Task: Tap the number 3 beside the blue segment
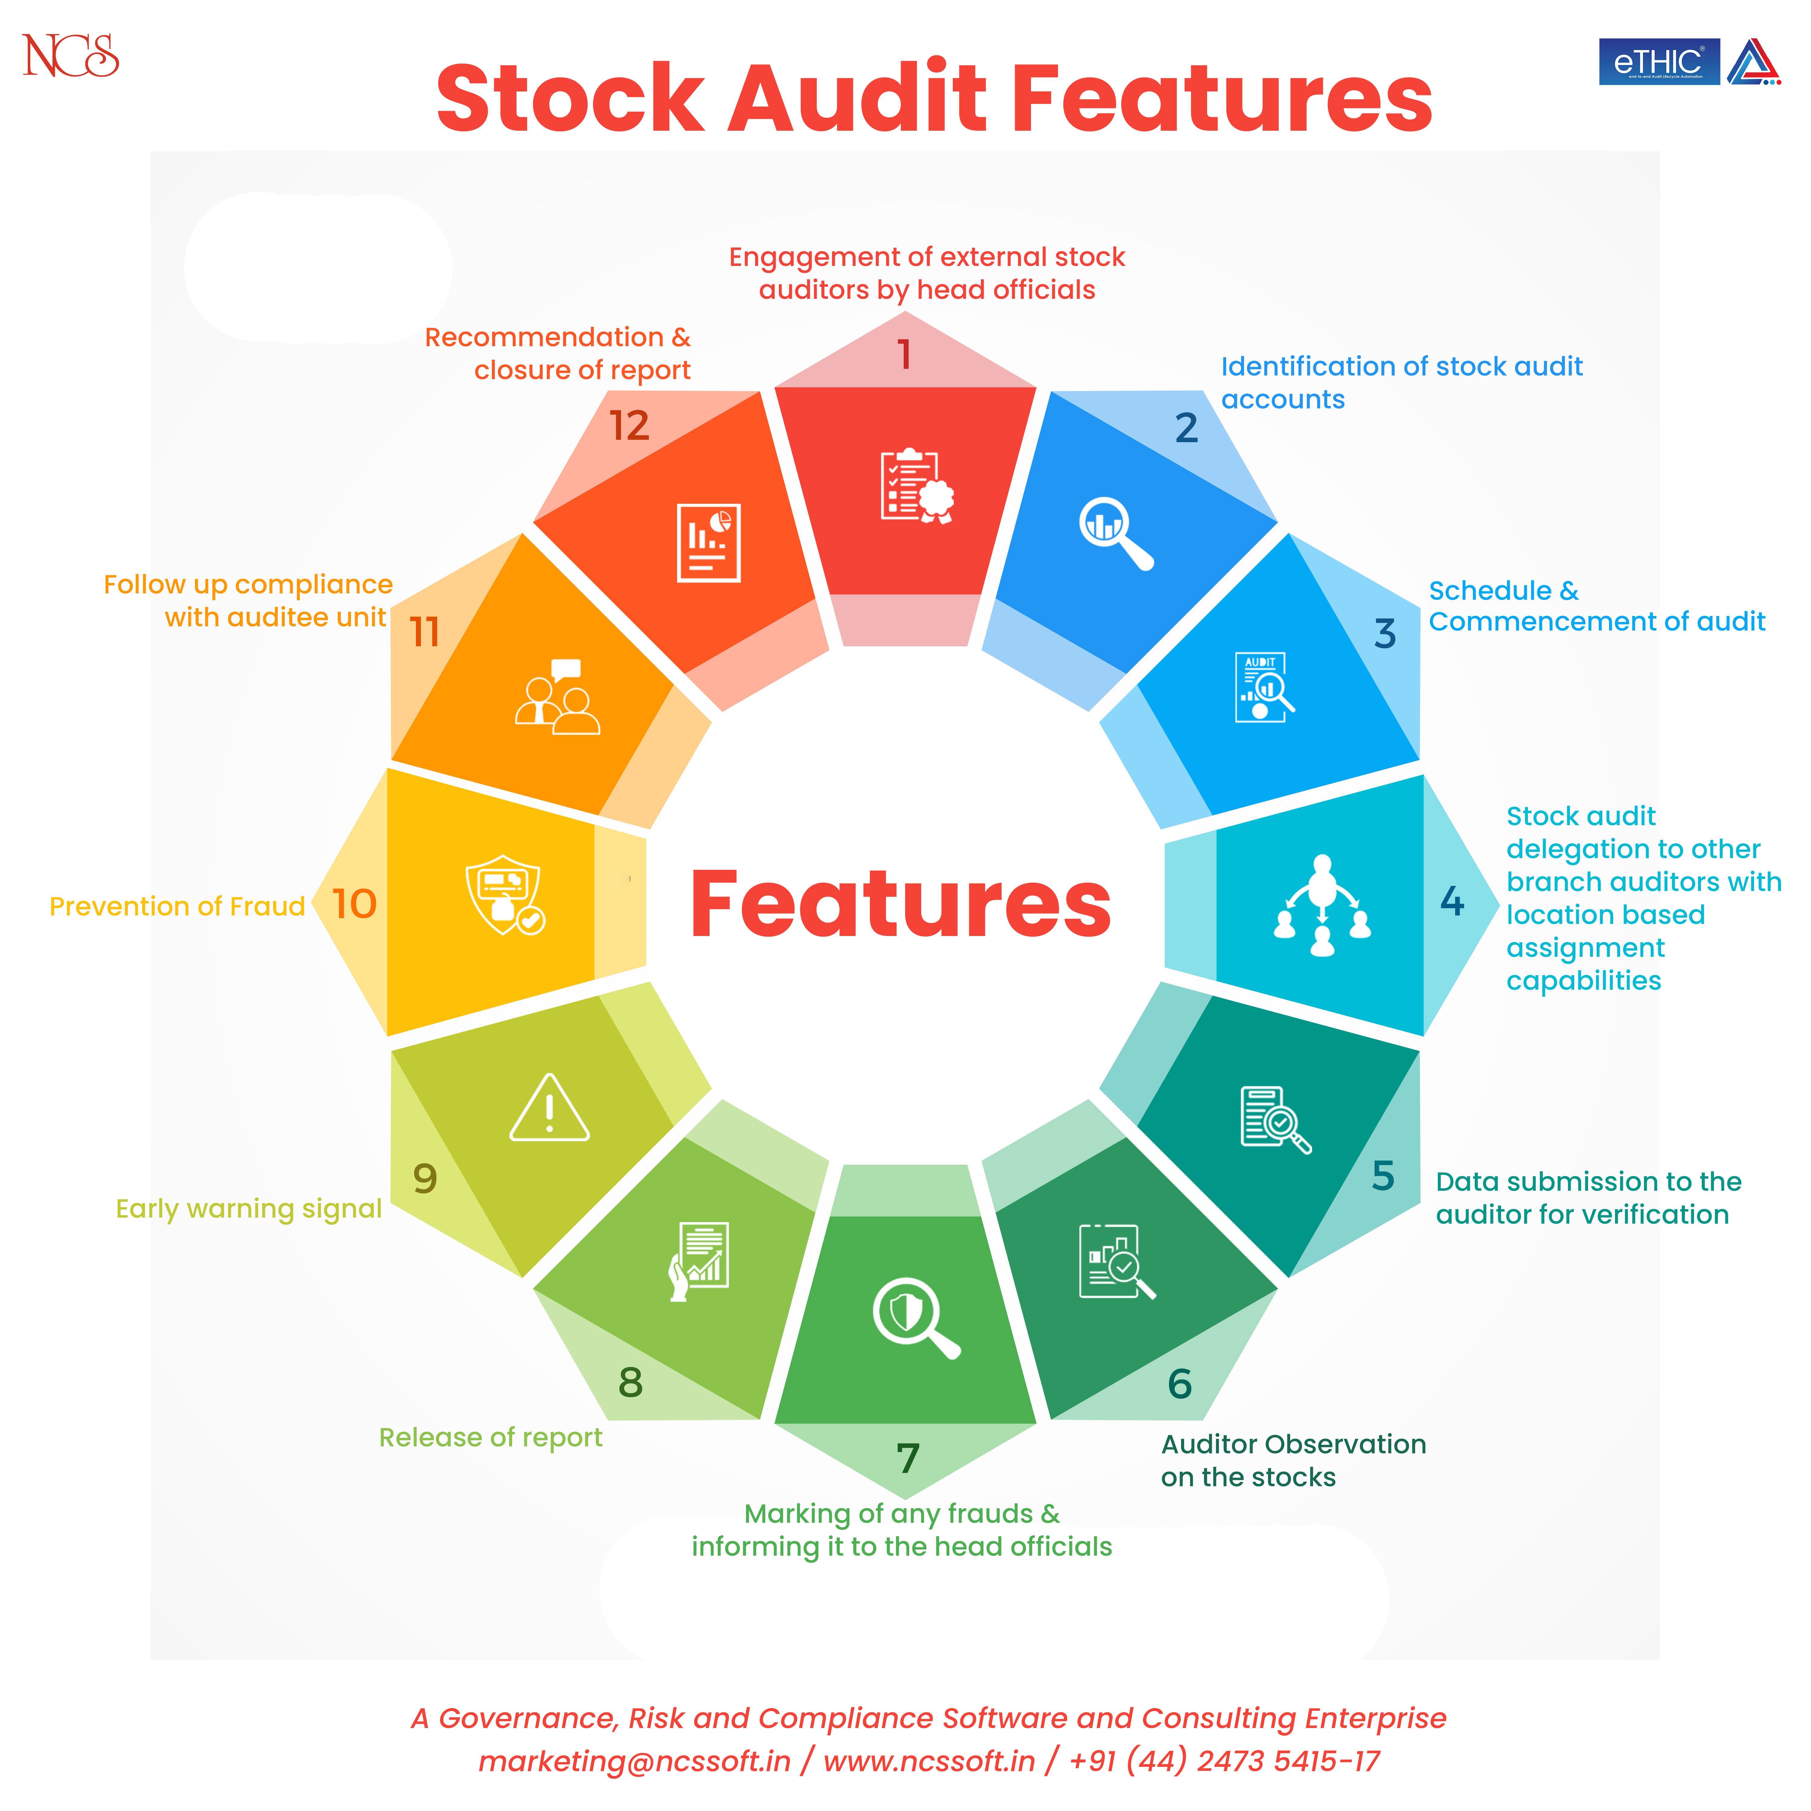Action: pos(1385,634)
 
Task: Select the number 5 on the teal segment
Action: pos(1383,1175)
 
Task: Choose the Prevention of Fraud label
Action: pos(177,906)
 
